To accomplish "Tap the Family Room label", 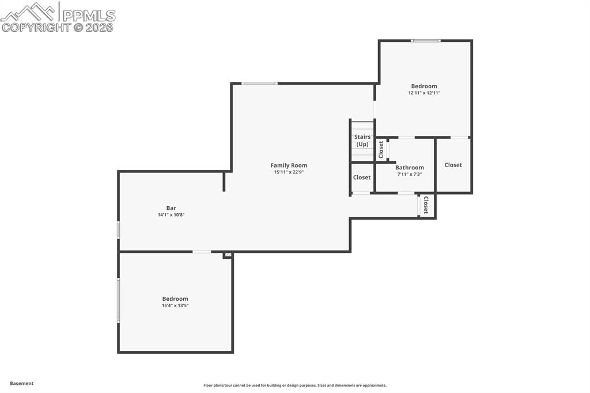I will click(x=289, y=165).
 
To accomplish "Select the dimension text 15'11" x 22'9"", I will click(x=289, y=172).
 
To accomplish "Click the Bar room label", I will click(x=171, y=208).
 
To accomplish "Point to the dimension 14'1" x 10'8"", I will click(x=171, y=215).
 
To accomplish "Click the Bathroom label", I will click(x=409, y=168).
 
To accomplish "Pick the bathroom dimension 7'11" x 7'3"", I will click(x=409, y=174).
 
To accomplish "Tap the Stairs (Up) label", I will click(x=362, y=141).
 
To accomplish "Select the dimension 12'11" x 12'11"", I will click(x=424, y=93).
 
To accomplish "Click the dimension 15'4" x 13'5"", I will click(x=175, y=305).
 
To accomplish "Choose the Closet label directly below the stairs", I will click(x=362, y=177).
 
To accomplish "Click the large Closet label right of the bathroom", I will click(x=453, y=165).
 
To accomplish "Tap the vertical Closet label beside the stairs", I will click(x=381, y=150).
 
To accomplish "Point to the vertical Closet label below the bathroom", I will click(x=426, y=205).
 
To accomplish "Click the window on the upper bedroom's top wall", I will click(x=425, y=40).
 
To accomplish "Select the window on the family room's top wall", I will click(x=259, y=84).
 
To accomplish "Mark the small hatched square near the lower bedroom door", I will click(x=228, y=254).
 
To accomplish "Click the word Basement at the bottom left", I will click(x=22, y=383).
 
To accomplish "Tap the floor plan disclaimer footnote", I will click(x=294, y=386).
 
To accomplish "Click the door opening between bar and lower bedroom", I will click(x=202, y=251).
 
